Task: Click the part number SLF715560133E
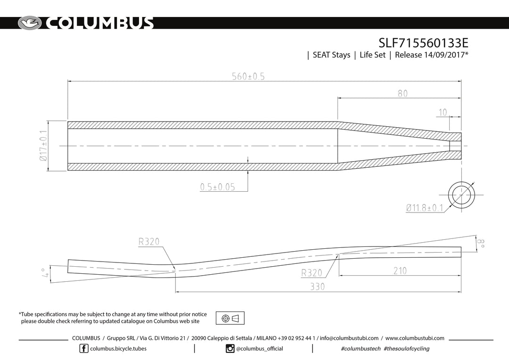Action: point(423,43)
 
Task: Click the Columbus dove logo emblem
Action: point(30,23)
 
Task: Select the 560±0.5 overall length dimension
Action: point(248,76)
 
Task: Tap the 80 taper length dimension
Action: point(402,93)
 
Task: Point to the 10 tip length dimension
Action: point(443,112)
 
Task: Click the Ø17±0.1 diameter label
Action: point(43,146)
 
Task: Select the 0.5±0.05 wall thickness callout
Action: point(217,187)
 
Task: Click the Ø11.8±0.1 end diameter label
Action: point(425,208)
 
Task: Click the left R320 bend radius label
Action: point(149,242)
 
